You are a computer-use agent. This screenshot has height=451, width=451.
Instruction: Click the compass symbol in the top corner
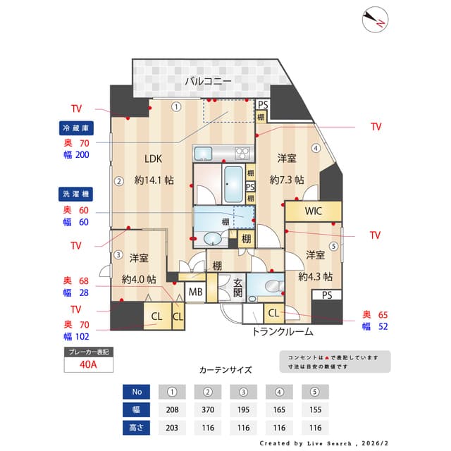pos(375,20)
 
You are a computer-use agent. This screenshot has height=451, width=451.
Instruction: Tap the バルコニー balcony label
pos(208,82)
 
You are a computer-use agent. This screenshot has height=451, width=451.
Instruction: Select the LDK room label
pos(154,159)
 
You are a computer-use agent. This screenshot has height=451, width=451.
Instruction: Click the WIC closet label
pos(314,211)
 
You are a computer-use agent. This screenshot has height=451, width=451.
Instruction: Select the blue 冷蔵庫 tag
pos(75,128)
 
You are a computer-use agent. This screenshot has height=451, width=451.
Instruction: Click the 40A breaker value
pos(88,364)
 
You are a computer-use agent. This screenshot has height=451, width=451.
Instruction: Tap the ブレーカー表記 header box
pos(88,351)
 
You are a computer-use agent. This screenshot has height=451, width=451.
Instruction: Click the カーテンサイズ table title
pos(225,369)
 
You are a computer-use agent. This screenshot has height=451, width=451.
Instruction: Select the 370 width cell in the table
pos(208,409)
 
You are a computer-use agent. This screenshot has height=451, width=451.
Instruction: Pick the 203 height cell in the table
pos(172,428)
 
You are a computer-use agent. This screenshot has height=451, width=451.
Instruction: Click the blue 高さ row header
pos(137,428)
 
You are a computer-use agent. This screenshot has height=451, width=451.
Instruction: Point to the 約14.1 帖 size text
pos(154,180)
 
